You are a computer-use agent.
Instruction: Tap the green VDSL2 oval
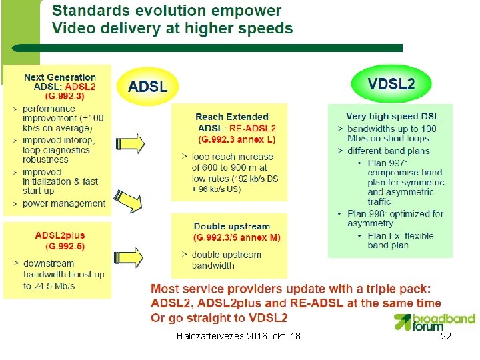[391, 83]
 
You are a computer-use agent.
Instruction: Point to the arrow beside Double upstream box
[130, 258]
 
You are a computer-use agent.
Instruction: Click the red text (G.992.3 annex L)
[237, 139]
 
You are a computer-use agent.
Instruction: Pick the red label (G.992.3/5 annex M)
[237, 237]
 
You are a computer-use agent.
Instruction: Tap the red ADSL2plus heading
[60, 235]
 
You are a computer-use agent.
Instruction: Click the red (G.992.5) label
[60, 246]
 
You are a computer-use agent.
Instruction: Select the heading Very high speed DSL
[393, 117]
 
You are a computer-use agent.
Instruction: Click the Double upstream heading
[231, 227]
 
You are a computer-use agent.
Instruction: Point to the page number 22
[446, 337]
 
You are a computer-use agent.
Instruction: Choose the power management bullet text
[64, 203]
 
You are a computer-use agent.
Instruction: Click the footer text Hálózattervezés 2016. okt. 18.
[239, 337]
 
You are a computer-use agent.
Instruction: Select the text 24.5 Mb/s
[50, 286]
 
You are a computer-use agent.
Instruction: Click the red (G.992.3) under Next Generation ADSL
[59, 96]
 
